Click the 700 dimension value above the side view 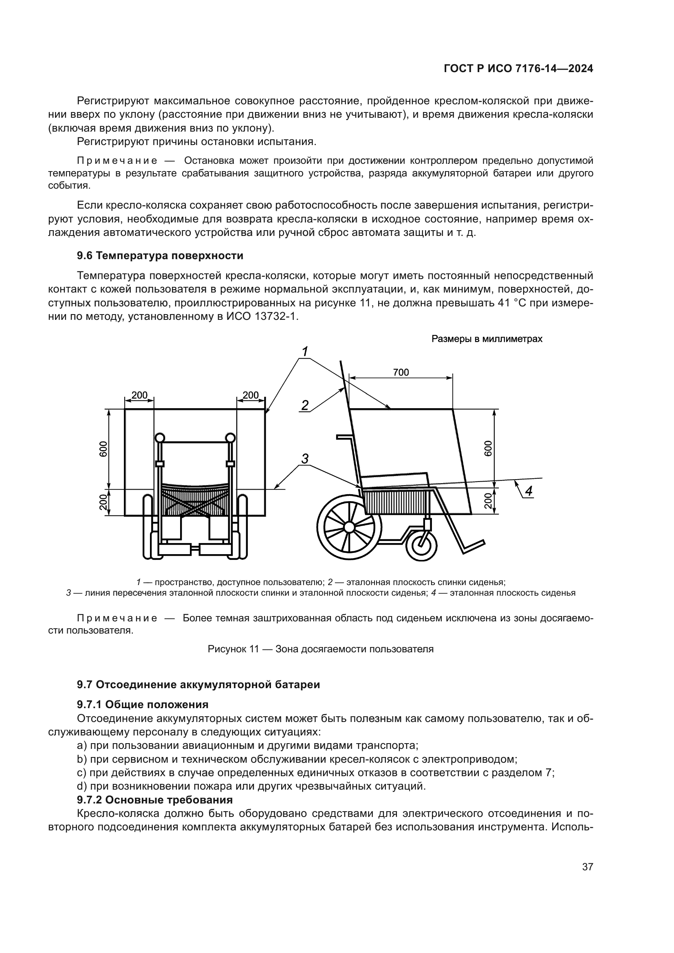pyautogui.click(x=401, y=372)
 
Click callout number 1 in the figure pyautogui.click(x=305, y=352)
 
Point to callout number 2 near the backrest pyautogui.click(x=305, y=405)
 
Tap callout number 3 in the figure pyautogui.click(x=305, y=459)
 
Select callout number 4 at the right pyautogui.click(x=529, y=491)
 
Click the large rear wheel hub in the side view pyautogui.click(x=349, y=528)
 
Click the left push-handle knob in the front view pyautogui.click(x=159, y=438)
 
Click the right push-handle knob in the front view pyautogui.click(x=230, y=438)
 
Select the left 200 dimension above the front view pyautogui.click(x=139, y=395)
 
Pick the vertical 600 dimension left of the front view pyautogui.click(x=104, y=449)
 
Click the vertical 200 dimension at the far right pyautogui.click(x=488, y=501)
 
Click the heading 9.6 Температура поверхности pyautogui.click(x=160, y=256)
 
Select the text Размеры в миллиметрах pyautogui.click(x=487, y=339)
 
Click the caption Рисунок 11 pyautogui.click(x=320, y=649)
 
